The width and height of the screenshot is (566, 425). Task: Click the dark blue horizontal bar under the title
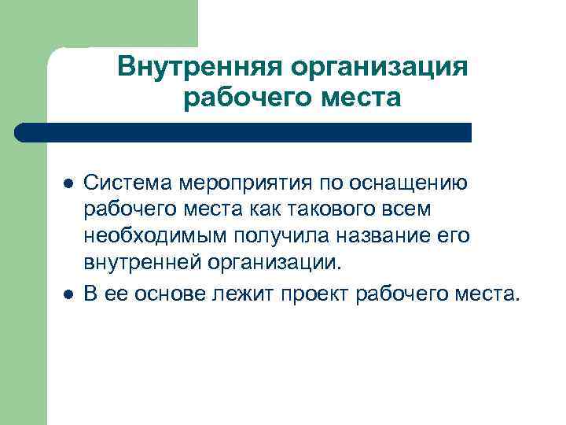click(x=244, y=131)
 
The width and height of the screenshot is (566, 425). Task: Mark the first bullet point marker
click(x=68, y=183)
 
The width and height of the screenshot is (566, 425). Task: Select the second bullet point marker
click(x=68, y=294)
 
